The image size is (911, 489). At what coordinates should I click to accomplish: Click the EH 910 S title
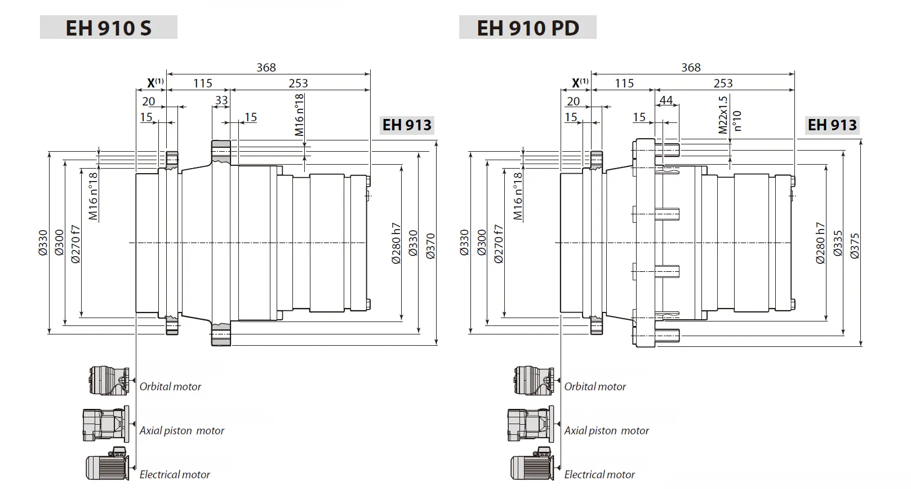(x=108, y=28)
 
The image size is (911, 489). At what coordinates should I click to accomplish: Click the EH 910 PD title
(x=528, y=28)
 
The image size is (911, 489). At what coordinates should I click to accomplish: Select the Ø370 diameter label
(x=431, y=246)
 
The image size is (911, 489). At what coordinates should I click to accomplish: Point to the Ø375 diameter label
(x=855, y=246)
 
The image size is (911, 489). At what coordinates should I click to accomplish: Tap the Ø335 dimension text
(x=838, y=244)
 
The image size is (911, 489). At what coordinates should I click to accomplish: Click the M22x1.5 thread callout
(x=723, y=114)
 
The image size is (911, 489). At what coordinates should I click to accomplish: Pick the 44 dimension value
(x=666, y=100)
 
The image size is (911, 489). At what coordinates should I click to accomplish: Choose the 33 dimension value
(x=221, y=100)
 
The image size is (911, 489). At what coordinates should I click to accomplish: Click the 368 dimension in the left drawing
(x=266, y=68)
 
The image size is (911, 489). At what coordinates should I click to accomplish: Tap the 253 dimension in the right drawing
(x=723, y=83)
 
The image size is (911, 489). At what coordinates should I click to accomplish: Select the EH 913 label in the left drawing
(x=407, y=125)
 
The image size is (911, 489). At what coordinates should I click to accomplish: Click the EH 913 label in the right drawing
(x=832, y=125)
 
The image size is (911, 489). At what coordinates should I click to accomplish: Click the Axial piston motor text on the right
(x=606, y=431)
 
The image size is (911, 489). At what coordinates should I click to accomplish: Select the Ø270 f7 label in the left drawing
(x=76, y=244)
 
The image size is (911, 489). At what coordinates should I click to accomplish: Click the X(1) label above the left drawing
(x=155, y=83)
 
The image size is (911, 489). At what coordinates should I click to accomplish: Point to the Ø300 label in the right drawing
(x=481, y=243)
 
